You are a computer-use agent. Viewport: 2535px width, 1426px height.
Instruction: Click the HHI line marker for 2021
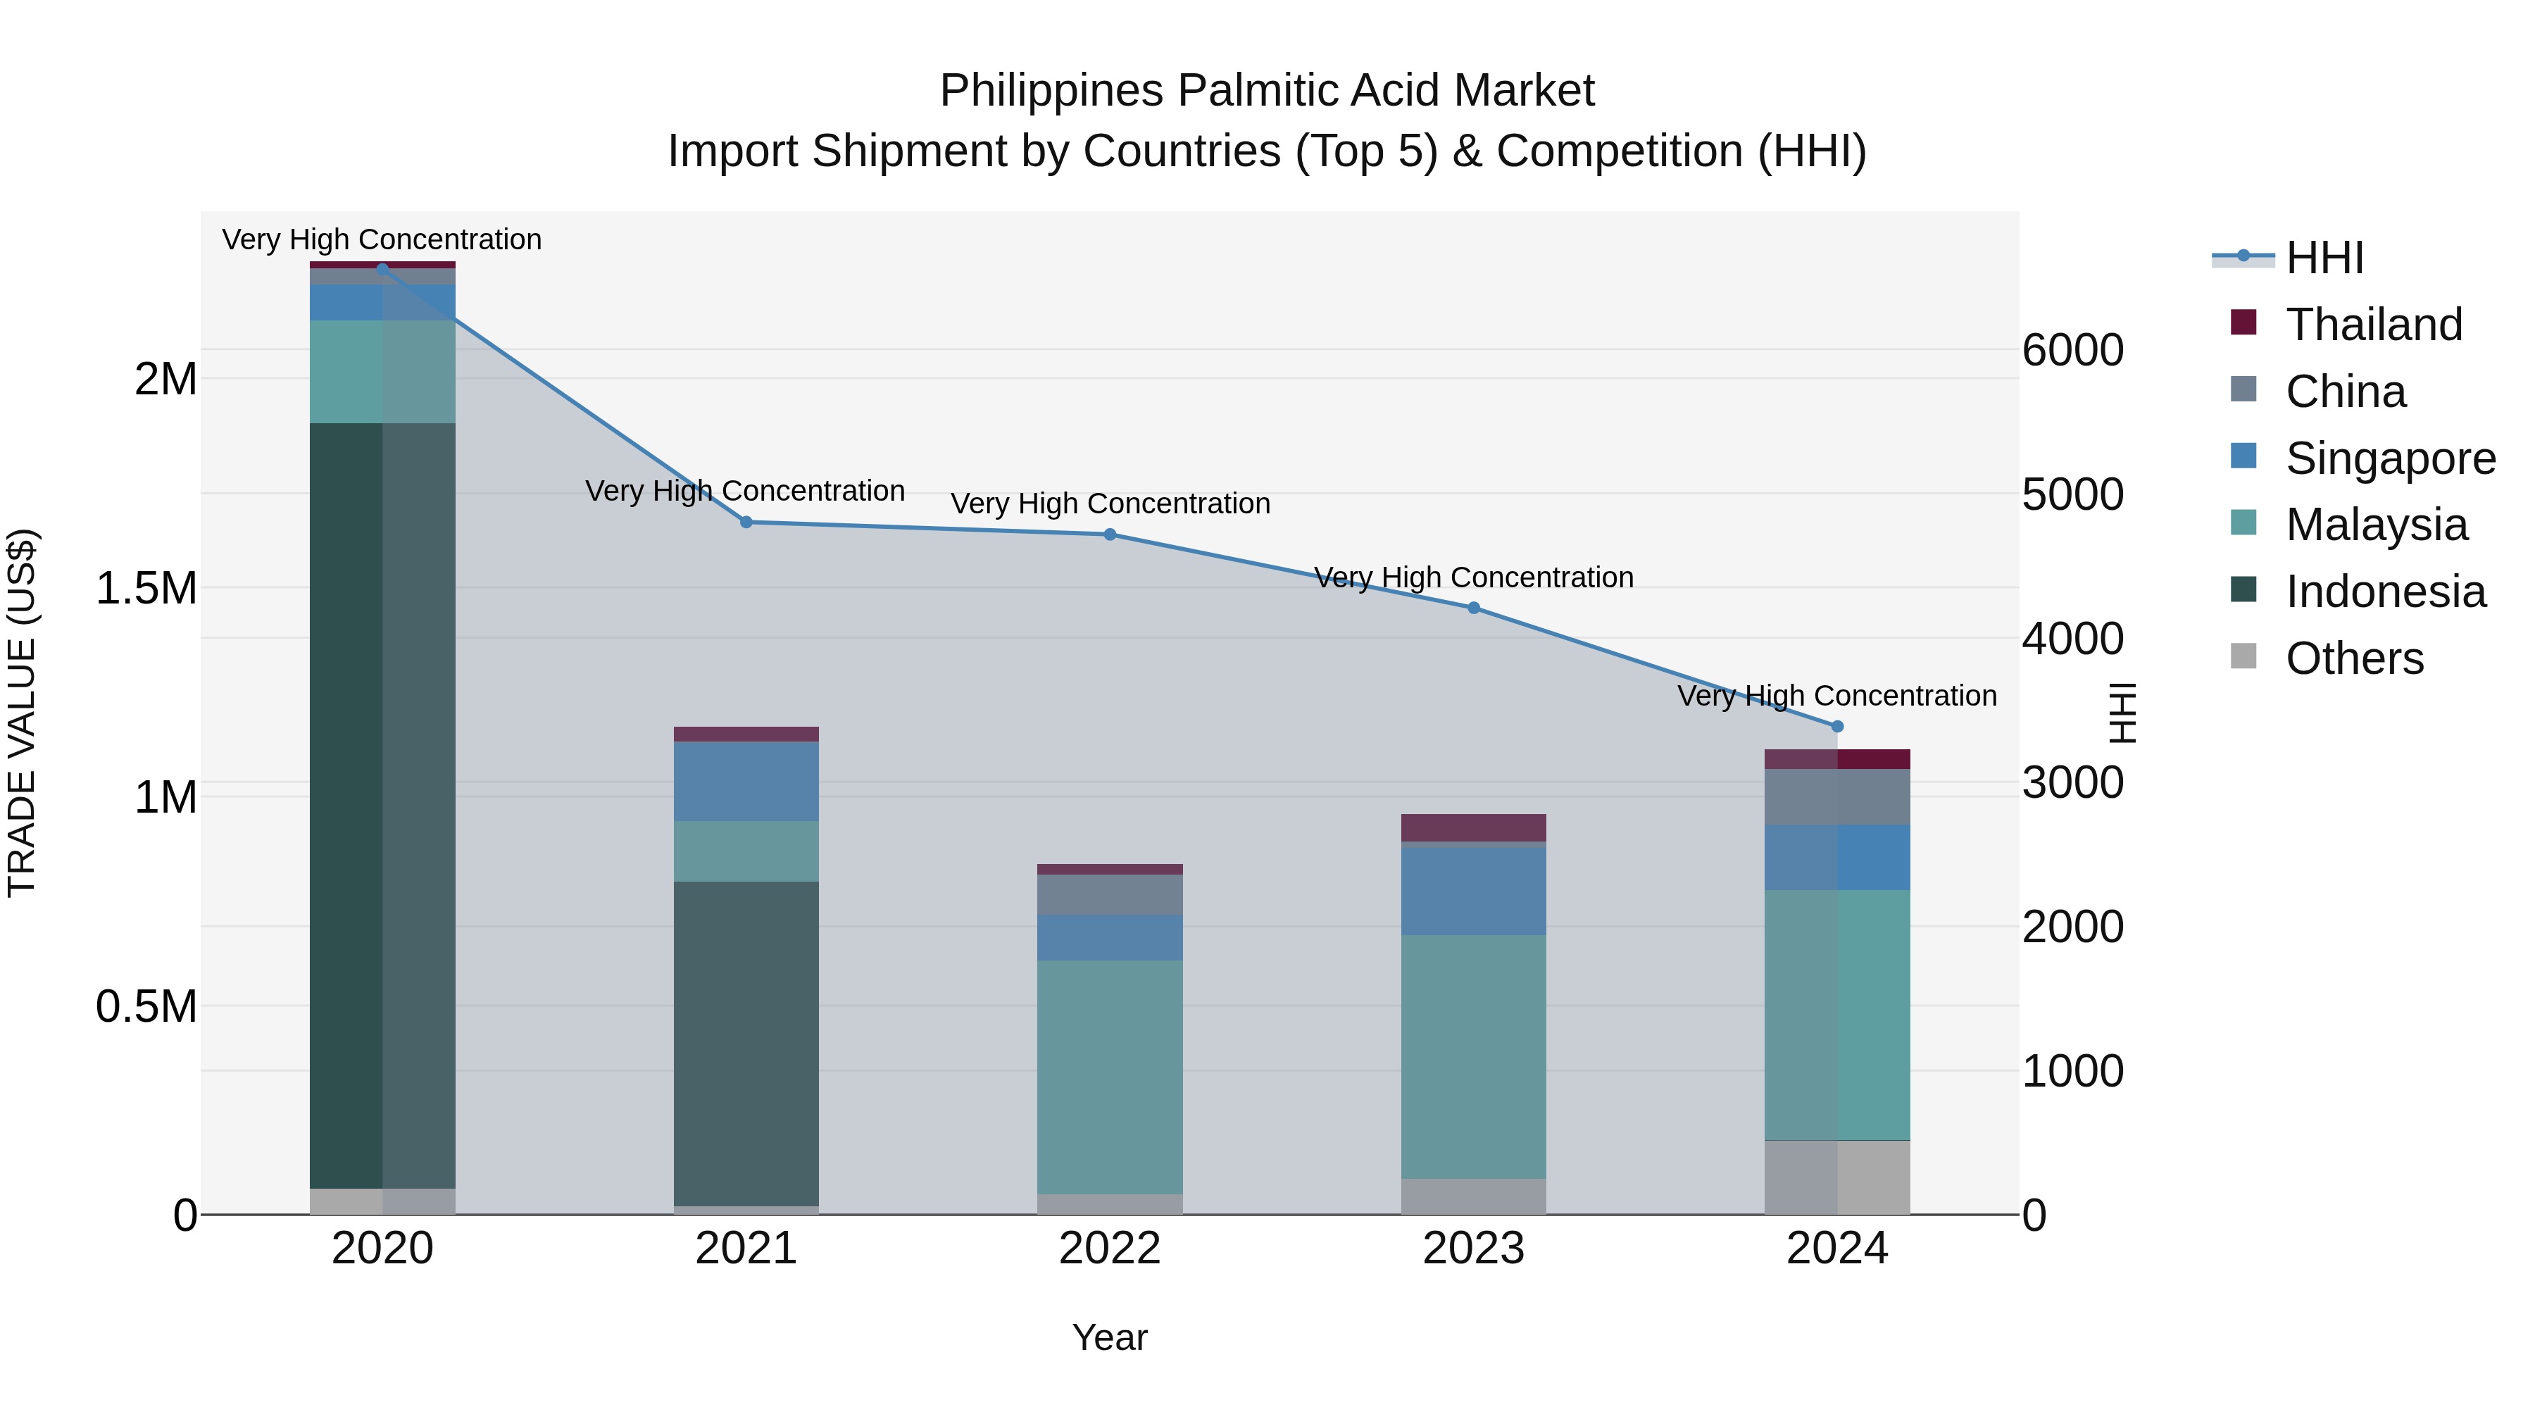pyautogui.click(x=746, y=523)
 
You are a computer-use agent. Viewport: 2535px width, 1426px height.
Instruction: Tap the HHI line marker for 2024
pyautogui.click(x=1836, y=726)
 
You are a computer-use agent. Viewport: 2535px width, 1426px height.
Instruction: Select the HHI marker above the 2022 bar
pyautogui.click(x=1110, y=534)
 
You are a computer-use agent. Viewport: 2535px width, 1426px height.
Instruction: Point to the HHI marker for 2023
pyautogui.click(x=1473, y=608)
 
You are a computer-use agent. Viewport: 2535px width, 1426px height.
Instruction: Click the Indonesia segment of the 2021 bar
pyautogui.click(x=746, y=1043)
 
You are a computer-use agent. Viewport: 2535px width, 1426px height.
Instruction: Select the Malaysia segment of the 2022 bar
pyautogui.click(x=1110, y=1077)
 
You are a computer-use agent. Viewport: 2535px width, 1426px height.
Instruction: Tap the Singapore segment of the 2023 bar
pyautogui.click(x=1473, y=891)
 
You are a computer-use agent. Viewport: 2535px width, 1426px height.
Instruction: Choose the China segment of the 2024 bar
pyautogui.click(x=1836, y=797)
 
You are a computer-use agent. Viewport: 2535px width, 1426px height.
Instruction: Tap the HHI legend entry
pyautogui.click(x=2324, y=258)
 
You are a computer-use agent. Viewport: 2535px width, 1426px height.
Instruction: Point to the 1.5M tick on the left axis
pyautogui.click(x=146, y=589)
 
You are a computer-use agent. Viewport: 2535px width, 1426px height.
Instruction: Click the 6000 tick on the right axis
pyautogui.click(x=2072, y=351)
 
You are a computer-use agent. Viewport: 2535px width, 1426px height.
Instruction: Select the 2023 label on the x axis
pyautogui.click(x=1473, y=1249)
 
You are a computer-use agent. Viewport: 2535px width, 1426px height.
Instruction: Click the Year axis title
pyautogui.click(x=1109, y=1337)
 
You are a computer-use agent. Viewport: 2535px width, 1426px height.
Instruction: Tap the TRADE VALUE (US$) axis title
pyautogui.click(x=22, y=713)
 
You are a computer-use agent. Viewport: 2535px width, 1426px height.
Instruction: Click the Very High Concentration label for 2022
pyautogui.click(x=1110, y=504)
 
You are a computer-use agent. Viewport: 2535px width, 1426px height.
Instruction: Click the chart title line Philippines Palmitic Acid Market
pyautogui.click(x=1267, y=91)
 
